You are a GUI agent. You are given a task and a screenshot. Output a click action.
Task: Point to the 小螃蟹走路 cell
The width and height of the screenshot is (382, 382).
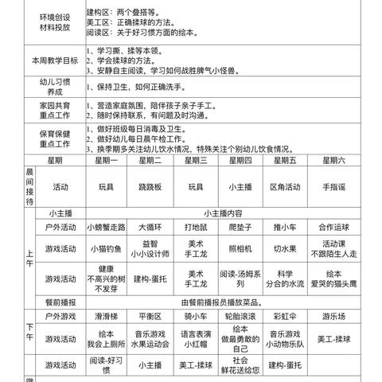pos(107,227)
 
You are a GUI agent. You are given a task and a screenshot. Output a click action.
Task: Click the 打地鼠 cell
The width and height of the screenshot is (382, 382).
pos(195,227)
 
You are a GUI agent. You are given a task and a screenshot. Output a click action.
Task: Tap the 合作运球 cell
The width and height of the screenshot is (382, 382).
pos(334,227)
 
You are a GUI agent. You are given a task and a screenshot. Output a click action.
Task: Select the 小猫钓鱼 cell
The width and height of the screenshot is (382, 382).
pos(107,249)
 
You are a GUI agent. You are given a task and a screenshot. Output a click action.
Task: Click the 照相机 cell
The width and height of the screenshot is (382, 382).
pos(240,249)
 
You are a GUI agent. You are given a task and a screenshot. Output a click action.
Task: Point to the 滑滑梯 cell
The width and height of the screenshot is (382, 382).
pos(107,316)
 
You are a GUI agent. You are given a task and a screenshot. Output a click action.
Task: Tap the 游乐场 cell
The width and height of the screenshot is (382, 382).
pos(334,316)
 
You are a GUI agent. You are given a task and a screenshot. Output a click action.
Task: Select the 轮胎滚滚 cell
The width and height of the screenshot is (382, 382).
pos(240,316)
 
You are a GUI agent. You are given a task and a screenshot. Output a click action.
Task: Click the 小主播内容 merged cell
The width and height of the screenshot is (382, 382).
pos(220,212)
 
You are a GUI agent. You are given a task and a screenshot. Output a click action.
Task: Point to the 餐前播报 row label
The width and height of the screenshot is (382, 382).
pos(60,302)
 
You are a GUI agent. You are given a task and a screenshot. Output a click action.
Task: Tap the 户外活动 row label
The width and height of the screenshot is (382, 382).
pos(60,227)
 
